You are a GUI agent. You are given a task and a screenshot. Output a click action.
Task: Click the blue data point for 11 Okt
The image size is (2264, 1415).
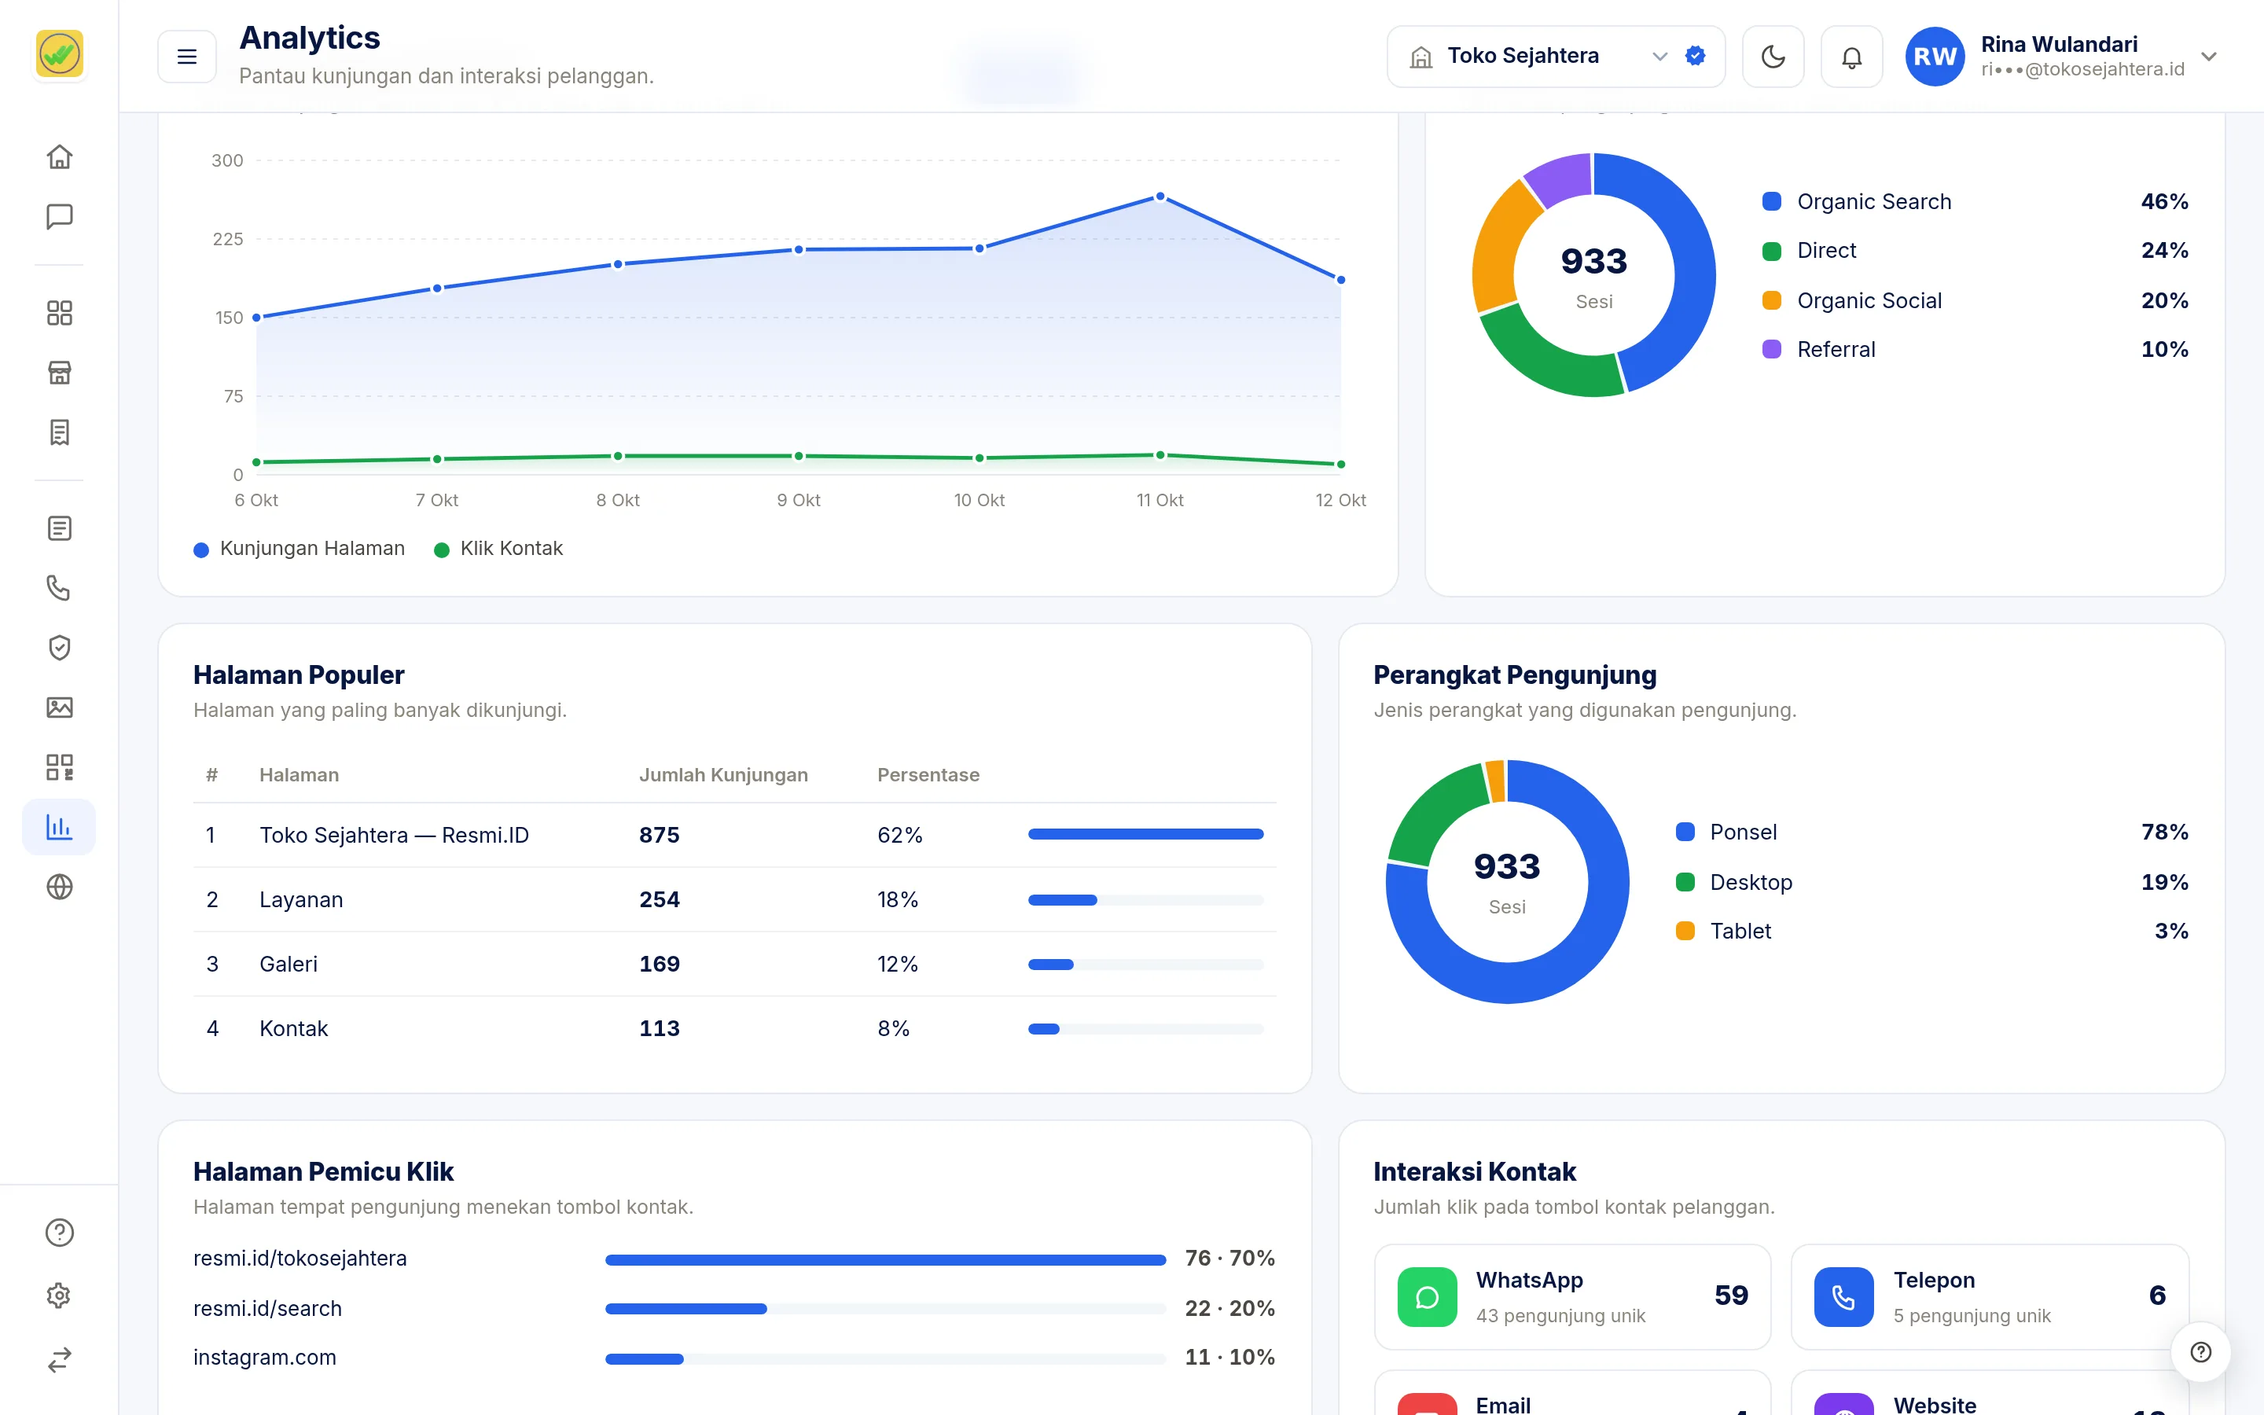pos(1160,197)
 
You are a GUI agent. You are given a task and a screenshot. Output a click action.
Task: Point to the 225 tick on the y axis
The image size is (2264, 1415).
pos(227,239)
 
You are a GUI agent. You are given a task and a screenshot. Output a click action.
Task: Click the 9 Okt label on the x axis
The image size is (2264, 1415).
pos(799,500)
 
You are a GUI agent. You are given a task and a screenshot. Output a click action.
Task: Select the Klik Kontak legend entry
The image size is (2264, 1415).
pos(498,549)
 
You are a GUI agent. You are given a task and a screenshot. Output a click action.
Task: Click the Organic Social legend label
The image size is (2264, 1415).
pos(1869,300)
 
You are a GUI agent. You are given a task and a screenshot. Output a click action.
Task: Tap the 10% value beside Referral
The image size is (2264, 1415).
pos(2164,349)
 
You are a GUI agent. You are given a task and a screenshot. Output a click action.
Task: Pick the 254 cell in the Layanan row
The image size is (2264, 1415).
pos(660,899)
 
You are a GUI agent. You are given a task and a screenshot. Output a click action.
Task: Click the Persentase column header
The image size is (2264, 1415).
pos(928,775)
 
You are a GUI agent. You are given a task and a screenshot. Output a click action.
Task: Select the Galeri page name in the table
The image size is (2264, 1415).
pos(289,964)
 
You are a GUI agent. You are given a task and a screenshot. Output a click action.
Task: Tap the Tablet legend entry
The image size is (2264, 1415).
pos(1723,932)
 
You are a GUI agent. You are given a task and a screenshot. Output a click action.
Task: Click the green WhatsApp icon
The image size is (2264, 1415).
pos(1427,1297)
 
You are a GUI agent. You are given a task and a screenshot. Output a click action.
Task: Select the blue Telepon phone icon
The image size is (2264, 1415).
pos(1843,1297)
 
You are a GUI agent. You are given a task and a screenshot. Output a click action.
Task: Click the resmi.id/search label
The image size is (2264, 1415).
pos(267,1308)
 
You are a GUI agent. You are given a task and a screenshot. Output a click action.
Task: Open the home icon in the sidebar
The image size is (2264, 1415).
pos(59,156)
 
